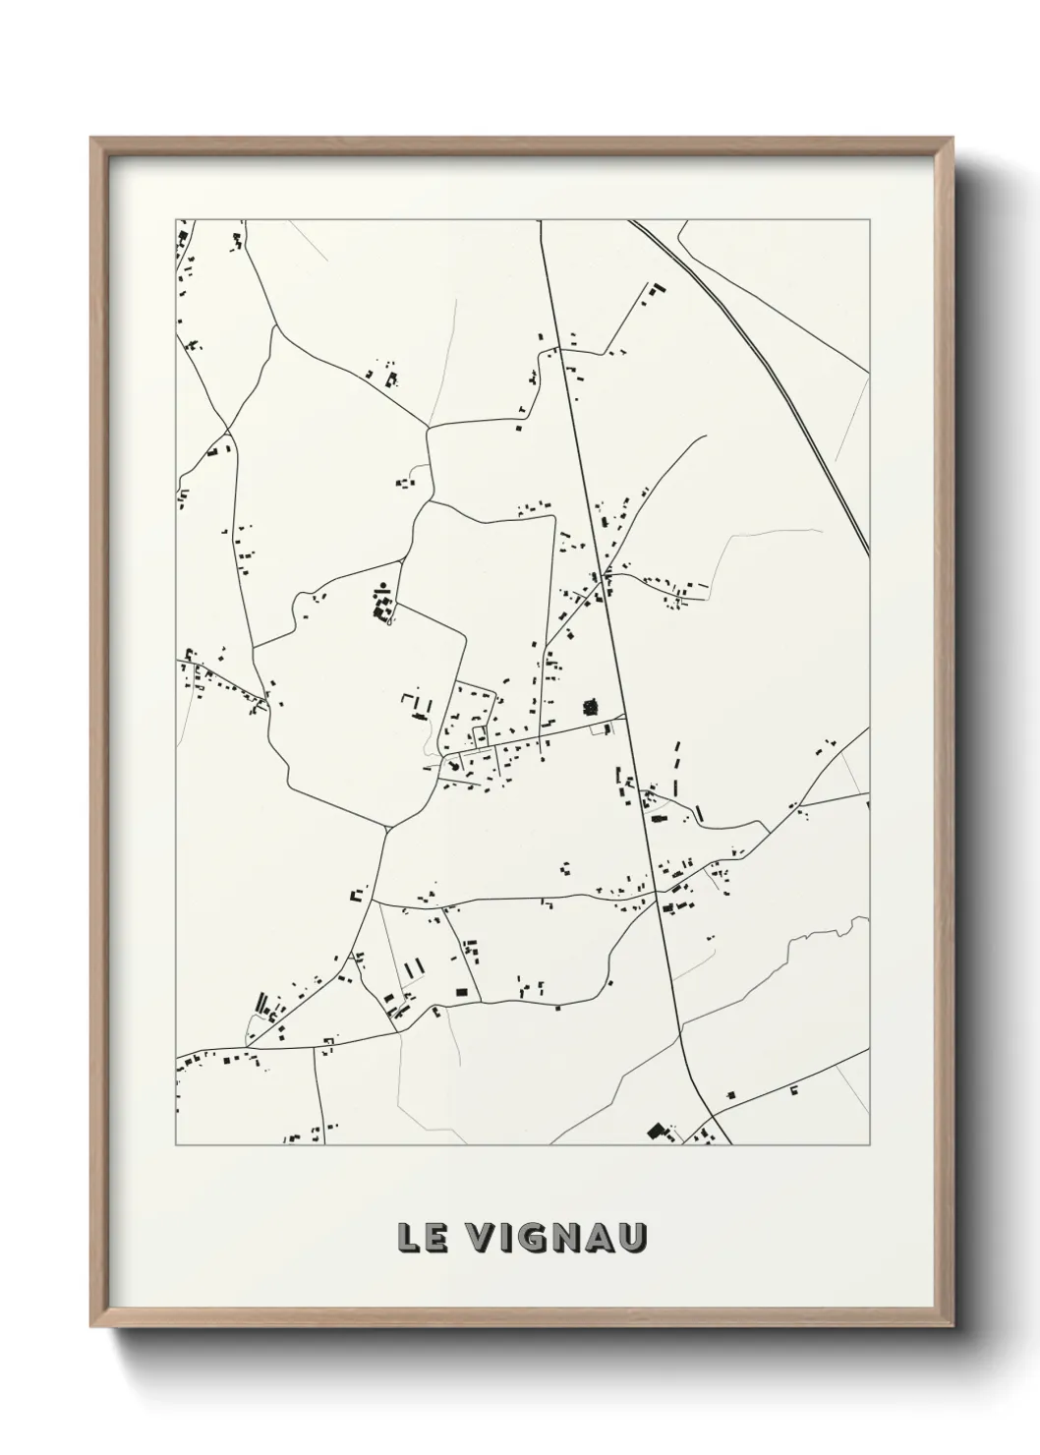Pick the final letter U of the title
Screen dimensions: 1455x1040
(634, 1238)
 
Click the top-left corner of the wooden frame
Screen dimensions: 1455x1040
(91, 139)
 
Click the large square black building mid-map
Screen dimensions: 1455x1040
(591, 706)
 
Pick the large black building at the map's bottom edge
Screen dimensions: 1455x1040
(657, 1132)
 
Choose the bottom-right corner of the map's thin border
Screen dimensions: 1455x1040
(869, 1144)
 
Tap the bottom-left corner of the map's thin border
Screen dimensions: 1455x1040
(176, 1144)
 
